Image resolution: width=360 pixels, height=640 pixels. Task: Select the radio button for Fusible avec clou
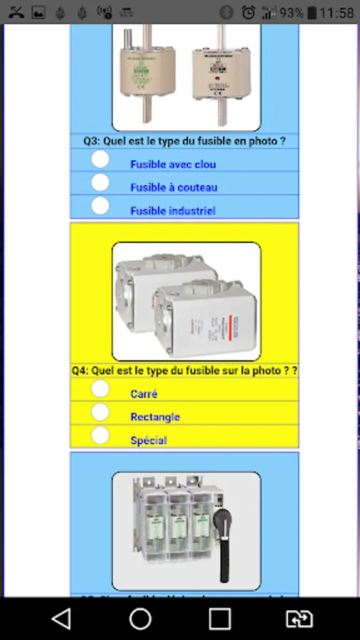click(100, 159)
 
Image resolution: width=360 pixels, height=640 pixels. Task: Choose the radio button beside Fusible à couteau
click(100, 183)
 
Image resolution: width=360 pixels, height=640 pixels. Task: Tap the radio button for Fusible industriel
click(100, 206)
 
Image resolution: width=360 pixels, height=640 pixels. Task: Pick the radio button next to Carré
click(100, 389)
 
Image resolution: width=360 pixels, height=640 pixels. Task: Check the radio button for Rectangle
click(100, 412)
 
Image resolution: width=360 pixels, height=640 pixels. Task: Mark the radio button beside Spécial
click(100, 435)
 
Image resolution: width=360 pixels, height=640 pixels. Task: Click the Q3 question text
click(184, 141)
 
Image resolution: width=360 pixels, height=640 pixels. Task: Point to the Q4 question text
click(184, 370)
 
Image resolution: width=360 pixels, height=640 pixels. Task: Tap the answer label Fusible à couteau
click(174, 188)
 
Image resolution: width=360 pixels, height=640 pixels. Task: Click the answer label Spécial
click(149, 441)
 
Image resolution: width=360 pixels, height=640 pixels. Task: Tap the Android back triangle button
click(62, 619)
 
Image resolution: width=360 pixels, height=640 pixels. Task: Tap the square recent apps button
click(220, 619)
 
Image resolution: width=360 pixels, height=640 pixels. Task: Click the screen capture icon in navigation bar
click(299, 619)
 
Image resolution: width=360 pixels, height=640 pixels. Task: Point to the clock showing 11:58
click(337, 13)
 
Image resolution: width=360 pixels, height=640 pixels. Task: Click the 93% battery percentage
click(292, 13)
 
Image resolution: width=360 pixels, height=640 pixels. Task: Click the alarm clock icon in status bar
click(248, 12)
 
